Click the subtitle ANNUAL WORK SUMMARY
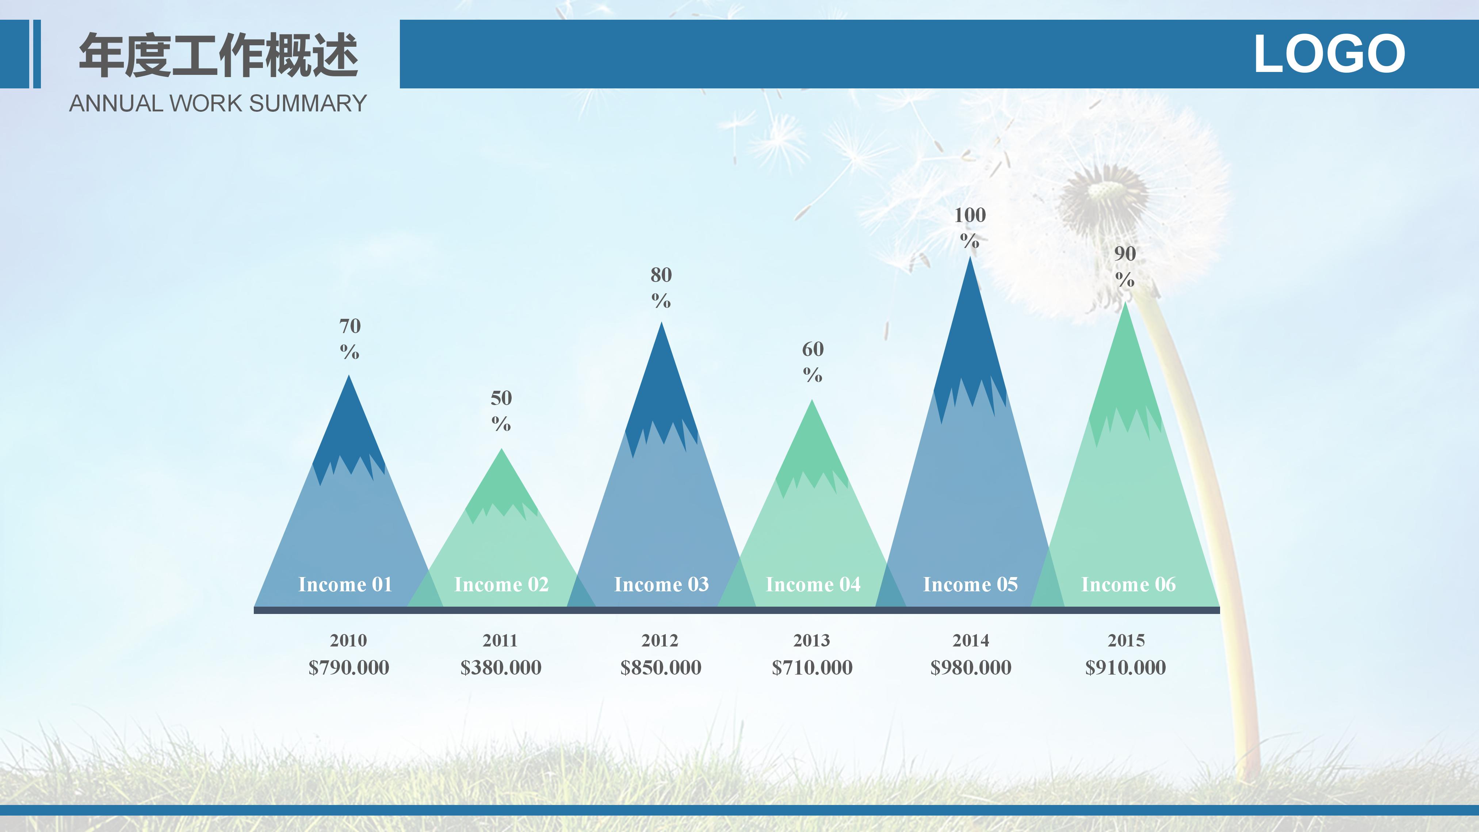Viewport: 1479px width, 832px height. tap(218, 103)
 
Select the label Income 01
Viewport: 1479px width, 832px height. tap(345, 584)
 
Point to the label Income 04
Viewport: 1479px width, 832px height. tap(813, 584)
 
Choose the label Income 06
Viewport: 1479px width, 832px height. tap(1128, 584)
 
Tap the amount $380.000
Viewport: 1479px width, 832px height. tap(501, 667)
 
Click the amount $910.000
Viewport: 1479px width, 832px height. tap(1126, 667)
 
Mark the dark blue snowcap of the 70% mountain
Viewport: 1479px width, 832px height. tap(348, 436)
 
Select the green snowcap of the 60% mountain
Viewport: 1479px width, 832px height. tap(812, 454)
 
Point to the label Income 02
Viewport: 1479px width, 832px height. tap(501, 584)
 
